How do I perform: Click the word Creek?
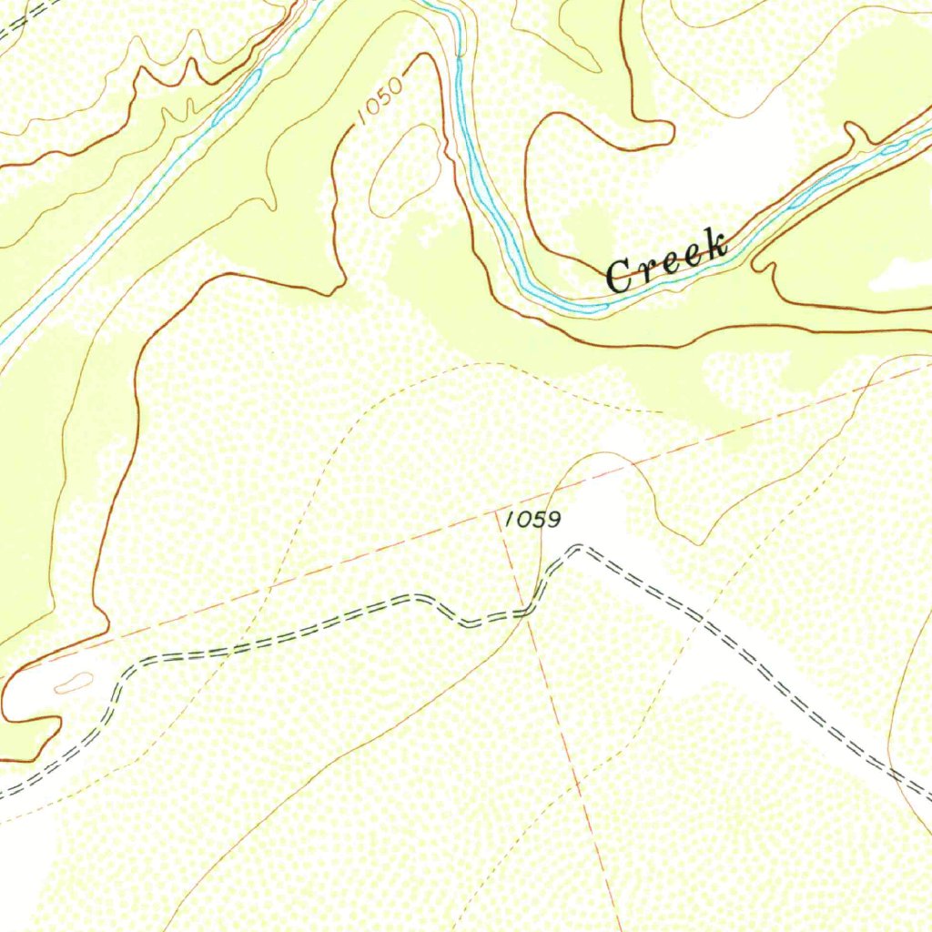point(667,260)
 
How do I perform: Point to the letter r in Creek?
point(644,267)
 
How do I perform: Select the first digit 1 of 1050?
point(362,117)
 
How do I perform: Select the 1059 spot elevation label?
point(532,520)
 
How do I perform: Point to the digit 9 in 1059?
point(552,520)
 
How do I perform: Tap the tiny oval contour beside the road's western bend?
point(75,682)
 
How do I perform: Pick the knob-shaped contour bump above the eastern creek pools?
point(856,135)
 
